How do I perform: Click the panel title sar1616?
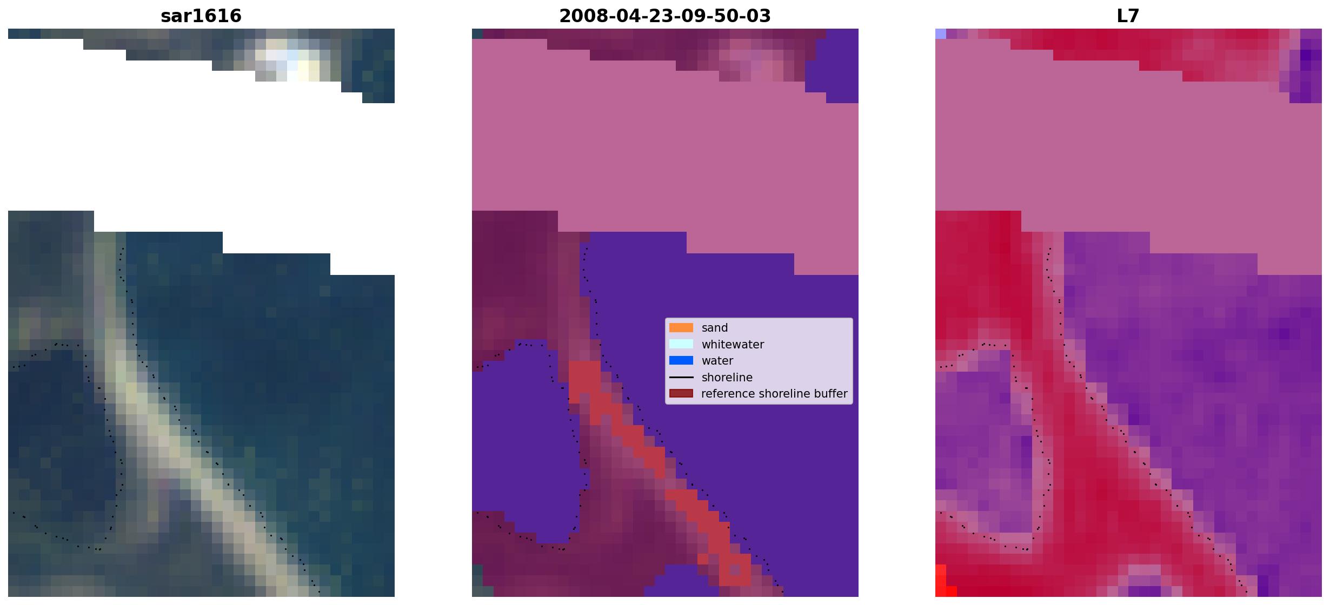tap(201, 16)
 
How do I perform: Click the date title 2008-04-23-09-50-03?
tap(665, 16)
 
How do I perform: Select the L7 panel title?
tap(1128, 16)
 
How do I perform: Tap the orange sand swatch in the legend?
tap(681, 328)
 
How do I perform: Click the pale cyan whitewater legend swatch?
tap(681, 344)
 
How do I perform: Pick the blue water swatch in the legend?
tap(681, 361)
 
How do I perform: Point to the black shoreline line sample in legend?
tap(681, 377)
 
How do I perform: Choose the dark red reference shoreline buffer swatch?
tap(681, 394)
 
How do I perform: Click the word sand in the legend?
tap(715, 328)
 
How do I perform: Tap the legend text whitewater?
tap(733, 345)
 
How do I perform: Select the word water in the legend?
tap(717, 361)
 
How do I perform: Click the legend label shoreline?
tap(727, 378)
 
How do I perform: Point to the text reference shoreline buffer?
tap(774, 394)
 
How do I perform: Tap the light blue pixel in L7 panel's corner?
tap(941, 33)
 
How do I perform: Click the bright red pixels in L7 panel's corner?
tap(942, 582)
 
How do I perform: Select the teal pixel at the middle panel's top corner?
tap(477, 33)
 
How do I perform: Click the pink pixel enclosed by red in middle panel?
tap(735, 570)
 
